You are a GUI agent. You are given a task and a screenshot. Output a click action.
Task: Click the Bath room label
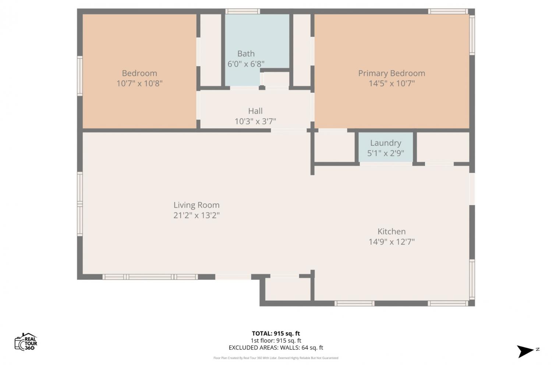(x=246, y=53)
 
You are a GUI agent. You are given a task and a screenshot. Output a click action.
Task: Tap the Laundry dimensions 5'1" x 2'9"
(x=385, y=153)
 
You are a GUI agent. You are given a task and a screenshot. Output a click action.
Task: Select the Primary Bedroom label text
(x=391, y=73)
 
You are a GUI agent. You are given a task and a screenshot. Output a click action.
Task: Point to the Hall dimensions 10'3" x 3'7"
(x=255, y=121)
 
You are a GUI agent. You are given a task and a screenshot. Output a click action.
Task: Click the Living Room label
(x=197, y=205)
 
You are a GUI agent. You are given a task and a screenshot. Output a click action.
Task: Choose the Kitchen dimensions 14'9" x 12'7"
(x=391, y=242)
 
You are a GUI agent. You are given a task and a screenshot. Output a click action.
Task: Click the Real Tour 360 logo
(x=26, y=342)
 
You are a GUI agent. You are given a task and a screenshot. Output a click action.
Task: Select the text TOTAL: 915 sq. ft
(x=276, y=333)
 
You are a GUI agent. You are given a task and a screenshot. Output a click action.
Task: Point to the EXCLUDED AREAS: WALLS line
(x=276, y=347)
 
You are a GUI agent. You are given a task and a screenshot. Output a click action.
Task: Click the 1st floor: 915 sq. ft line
(x=276, y=341)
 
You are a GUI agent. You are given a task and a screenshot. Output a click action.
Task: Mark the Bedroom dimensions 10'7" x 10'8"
(x=139, y=84)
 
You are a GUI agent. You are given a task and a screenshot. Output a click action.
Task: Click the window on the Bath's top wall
(x=243, y=11)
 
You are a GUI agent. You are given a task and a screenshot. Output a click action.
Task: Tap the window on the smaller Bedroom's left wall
(x=80, y=76)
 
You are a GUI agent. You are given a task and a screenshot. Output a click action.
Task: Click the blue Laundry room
(x=385, y=147)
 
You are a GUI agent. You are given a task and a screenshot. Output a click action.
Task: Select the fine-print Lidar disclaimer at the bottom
(x=276, y=358)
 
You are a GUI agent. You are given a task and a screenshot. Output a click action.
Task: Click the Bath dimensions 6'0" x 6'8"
(x=246, y=64)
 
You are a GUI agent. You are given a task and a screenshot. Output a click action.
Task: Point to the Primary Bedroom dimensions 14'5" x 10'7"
(x=391, y=84)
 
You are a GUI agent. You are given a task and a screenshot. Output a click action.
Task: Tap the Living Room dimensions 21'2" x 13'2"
(x=197, y=215)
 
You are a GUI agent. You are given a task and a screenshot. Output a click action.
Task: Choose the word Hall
(x=255, y=111)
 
